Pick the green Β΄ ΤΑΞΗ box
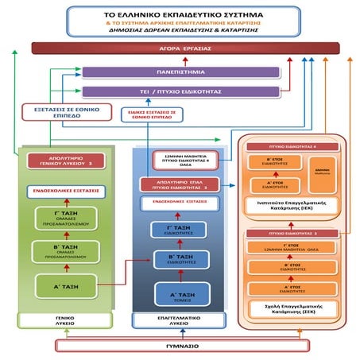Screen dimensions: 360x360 point(60,254)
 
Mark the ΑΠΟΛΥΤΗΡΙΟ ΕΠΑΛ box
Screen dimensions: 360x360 point(179,185)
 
